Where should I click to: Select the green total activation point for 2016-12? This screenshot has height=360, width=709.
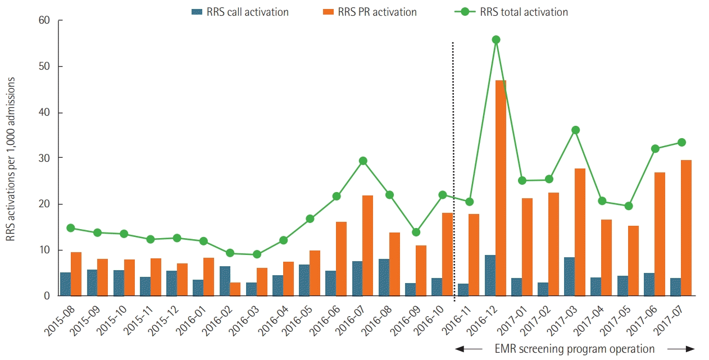tap(496, 40)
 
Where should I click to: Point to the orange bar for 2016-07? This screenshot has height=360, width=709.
tap(368, 245)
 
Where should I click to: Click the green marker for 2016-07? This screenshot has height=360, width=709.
tap(363, 161)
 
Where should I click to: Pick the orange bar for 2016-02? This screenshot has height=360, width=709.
tap(235, 289)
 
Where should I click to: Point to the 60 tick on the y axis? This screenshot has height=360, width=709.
tap(44, 21)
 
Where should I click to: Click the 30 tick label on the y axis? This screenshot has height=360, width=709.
tap(44, 158)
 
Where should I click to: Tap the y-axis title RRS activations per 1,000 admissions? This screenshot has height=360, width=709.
tap(11, 160)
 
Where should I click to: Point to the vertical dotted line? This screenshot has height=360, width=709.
tap(453, 168)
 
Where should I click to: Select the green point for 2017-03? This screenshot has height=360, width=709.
tap(575, 130)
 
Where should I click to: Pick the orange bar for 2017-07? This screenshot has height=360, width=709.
tap(686, 227)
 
